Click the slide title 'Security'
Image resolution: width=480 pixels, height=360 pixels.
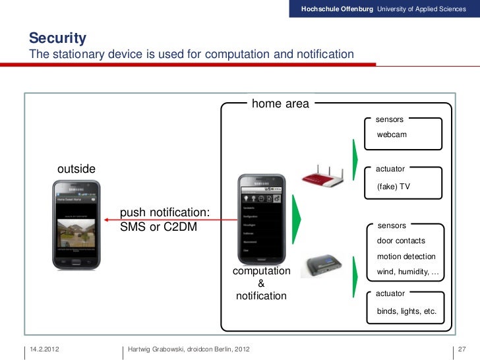pyautogui.click(x=57, y=38)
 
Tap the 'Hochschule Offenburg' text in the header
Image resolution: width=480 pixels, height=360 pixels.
pyautogui.click(x=337, y=9)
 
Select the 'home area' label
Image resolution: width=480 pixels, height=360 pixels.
pyautogui.click(x=280, y=104)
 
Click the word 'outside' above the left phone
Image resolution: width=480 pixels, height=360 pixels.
pyautogui.click(x=76, y=169)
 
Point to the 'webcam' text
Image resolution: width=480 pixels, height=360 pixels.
pyautogui.click(x=392, y=135)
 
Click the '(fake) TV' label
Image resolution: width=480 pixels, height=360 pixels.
pyautogui.click(x=394, y=187)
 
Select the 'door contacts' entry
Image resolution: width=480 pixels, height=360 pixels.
pyautogui.click(x=401, y=241)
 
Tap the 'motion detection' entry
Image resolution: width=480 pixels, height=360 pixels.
pyautogui.click(x=405, y=256)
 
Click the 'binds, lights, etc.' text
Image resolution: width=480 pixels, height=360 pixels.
pyautogui.click(x=406, y=311)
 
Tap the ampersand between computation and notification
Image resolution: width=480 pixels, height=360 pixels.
pyautogui.click(x=261, y=284)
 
